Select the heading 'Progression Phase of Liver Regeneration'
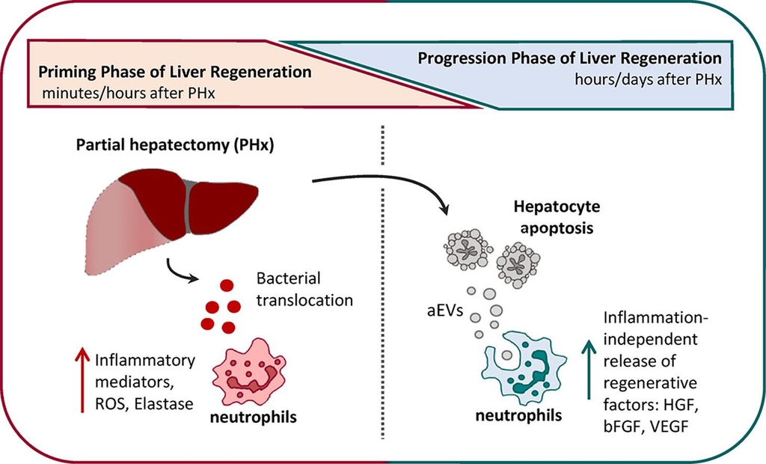[570, 58]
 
